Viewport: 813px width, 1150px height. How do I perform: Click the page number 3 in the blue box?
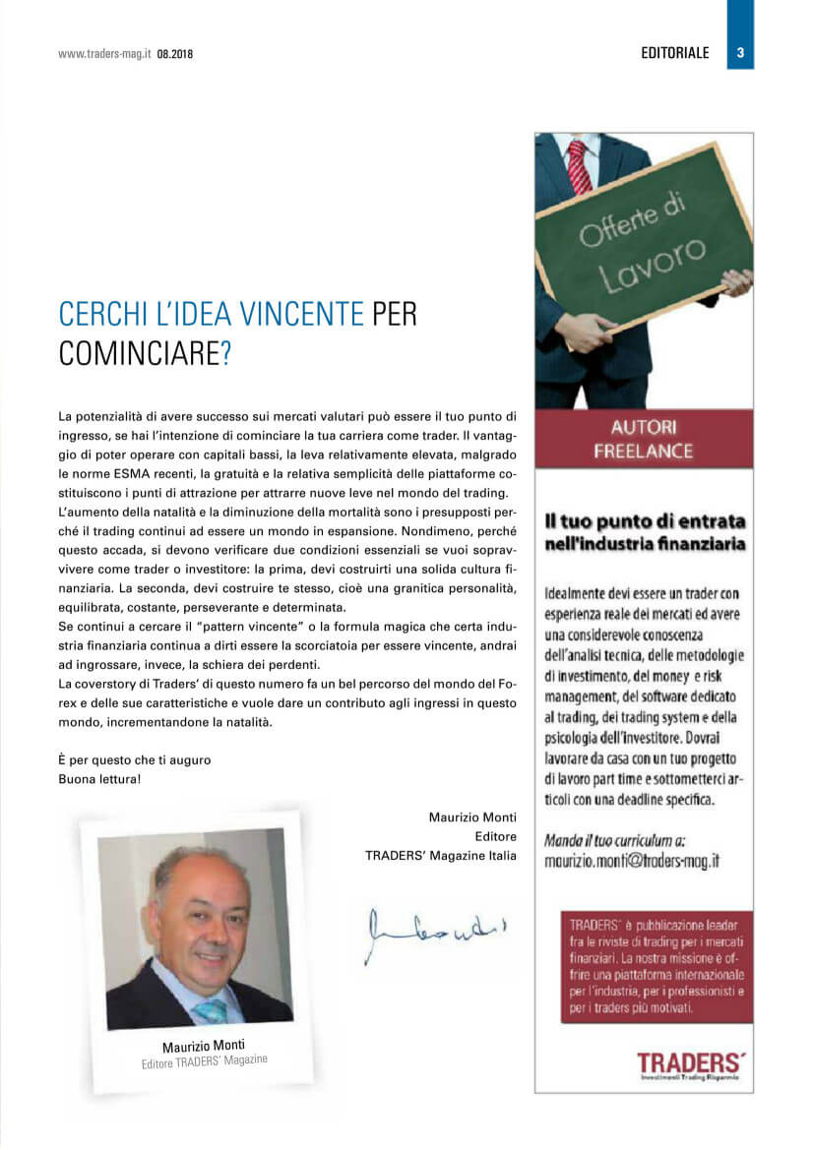coord(740,53)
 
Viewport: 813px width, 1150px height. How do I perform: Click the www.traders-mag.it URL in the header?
coord(103,55)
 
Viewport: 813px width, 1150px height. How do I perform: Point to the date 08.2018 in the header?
coord(174,55)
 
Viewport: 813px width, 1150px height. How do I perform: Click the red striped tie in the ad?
coord(580,165)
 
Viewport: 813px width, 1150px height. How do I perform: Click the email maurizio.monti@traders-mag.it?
coord(632,859)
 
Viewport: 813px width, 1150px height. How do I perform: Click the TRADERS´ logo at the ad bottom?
coord(689,1063)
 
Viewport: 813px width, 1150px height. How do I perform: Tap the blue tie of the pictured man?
coord(210,1009)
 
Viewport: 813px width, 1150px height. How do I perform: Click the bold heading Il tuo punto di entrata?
coord(645,520)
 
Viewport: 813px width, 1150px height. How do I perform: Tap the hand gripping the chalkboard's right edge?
coord(736,282)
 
